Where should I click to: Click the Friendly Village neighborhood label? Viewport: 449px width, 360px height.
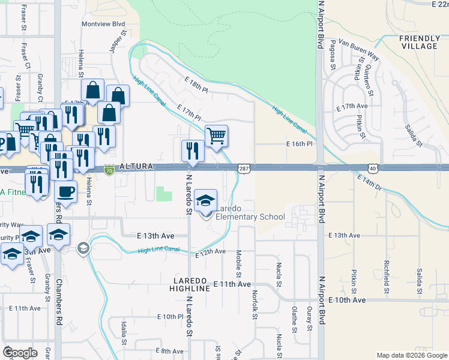click(418, 42)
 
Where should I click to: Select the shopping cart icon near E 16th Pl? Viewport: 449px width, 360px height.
click(216, 136)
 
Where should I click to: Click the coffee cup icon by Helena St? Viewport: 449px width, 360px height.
click(65, 192)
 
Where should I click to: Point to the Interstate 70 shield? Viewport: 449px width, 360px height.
click(109, 170)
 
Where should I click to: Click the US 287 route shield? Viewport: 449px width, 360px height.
click(244, 170)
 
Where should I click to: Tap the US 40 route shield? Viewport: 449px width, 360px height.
click(373, 170)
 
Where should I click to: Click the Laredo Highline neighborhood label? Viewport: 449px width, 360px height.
click(191, 284)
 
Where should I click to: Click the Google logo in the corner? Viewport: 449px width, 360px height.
click(20, 353)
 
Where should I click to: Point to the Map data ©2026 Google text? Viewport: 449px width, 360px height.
click(411, 355)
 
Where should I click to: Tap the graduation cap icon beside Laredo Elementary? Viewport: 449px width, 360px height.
click(206, 202)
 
